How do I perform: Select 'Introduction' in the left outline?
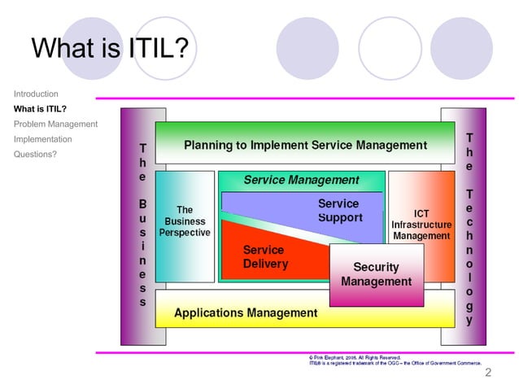tap(36, 94)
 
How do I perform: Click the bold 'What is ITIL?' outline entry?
tap(40, 108)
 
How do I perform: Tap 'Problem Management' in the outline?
tap(55, 124)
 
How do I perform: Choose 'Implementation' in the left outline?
tap(42, 139)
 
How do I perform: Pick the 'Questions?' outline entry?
tap(35, 154)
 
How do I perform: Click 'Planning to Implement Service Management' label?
tap(305, 146)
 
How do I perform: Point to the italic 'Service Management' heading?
tap(301, 180)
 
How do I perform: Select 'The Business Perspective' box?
tap(185, 221)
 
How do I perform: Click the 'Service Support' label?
tap(340, 211)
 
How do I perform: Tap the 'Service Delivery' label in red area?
tap(265, 257)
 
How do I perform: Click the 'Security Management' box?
tap(376, 274)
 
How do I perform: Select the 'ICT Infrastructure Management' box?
tap(421, 225)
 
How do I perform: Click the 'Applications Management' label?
tap(246, 313)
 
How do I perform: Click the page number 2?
tap(488, 374)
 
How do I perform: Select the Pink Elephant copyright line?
tap(355, 357)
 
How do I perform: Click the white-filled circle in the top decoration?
tap(390, 46)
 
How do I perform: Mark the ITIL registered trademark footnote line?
tap(395, 364)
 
